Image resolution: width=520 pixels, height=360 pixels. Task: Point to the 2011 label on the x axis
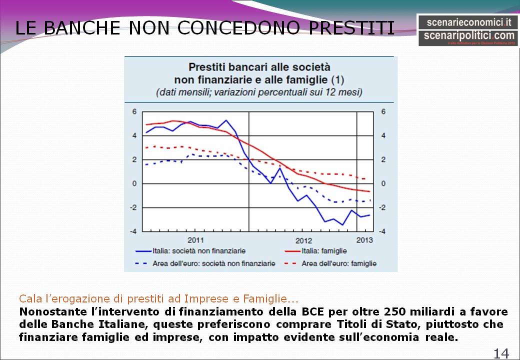[x=195, y=239]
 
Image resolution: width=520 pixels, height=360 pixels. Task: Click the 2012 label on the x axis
[x=303, y=240]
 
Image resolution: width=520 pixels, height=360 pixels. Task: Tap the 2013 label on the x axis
[x=364, y=239]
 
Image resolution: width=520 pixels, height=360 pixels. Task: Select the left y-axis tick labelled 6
[x=134, y=111]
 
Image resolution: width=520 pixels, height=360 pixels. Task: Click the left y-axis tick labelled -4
[x=133, y=231]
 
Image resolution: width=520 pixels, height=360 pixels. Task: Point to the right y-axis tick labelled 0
[x=383, y=183]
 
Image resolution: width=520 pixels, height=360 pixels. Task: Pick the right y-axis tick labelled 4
[x=383, y=135]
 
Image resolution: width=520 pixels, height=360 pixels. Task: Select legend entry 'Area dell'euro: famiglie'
[x=339, y=263]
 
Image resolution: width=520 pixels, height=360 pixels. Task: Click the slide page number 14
[x=501, y=353]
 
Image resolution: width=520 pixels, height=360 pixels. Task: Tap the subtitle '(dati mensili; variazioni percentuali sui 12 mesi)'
[x=259, y=92]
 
